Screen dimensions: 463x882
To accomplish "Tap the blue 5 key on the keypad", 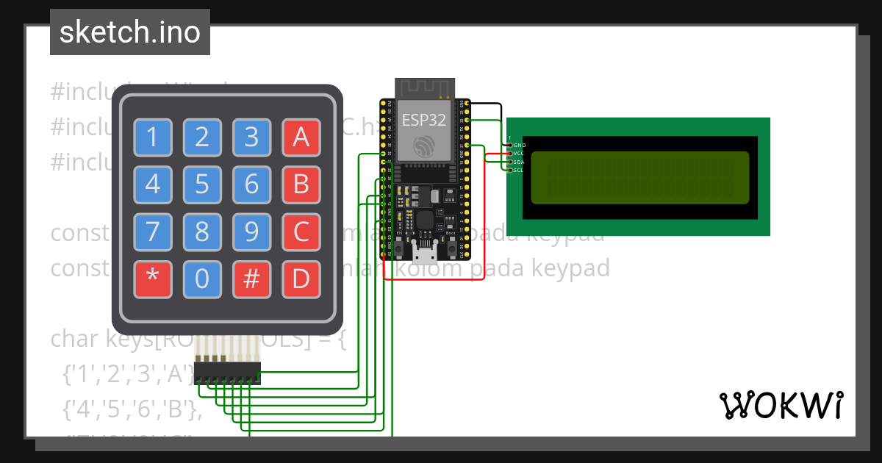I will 202,184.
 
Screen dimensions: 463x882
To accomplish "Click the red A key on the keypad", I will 301,137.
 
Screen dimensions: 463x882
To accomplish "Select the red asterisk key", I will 153,279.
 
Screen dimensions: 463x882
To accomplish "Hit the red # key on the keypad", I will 252,279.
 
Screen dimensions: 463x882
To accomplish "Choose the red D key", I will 301,279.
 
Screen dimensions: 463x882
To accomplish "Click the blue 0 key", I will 202,279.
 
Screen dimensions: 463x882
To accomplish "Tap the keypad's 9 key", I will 252,232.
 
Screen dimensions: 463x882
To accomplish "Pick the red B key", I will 301,184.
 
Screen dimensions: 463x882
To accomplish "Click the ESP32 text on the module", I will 423,120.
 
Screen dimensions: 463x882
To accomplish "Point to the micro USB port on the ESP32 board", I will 423,255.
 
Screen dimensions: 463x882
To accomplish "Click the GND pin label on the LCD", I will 519,146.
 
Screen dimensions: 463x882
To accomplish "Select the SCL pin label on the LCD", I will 518,170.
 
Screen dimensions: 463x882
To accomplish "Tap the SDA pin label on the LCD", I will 518,162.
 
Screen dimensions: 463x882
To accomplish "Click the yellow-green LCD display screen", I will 639,177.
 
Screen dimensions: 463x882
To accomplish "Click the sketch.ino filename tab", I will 130,32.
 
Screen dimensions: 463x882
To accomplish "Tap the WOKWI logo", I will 781,405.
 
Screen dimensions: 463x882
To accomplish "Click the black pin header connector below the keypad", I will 227,373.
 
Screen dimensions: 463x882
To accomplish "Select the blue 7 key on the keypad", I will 153,232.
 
